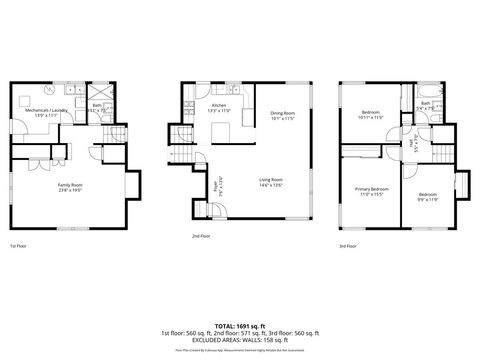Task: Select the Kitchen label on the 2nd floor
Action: pos(218,105)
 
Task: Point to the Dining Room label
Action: pos(283,114)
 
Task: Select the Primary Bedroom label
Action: pos(372,189)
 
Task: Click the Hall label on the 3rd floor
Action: pos(411,144)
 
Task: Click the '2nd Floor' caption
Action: pos(202,237)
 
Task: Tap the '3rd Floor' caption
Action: pos(348,245)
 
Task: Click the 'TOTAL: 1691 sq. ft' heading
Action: pos(239,325)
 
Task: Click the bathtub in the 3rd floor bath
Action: pos(429,103)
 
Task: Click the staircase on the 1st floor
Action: pos(117,137)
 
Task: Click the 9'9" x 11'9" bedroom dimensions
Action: pos(428,199)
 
